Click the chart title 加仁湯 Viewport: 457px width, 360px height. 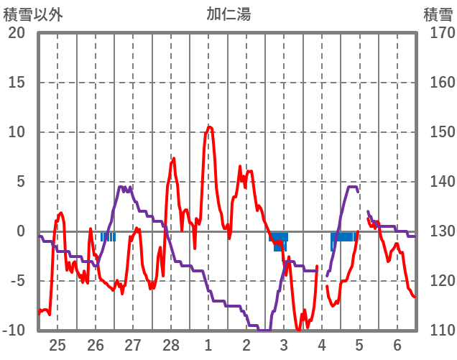228,14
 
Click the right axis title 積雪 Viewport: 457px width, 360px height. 438,14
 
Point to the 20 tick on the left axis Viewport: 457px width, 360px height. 17,33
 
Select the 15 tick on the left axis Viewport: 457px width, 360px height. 17,83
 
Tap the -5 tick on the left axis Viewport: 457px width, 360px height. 17,281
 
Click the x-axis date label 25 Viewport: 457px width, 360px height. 57,345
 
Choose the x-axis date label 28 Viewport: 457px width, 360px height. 171,345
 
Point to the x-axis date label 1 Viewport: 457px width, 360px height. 208,345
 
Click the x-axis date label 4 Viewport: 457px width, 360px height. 322,345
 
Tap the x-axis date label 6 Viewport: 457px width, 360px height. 397,345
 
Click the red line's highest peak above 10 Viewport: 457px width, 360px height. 209,126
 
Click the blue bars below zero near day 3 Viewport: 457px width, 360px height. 280,239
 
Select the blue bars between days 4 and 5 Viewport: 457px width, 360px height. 343,236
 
